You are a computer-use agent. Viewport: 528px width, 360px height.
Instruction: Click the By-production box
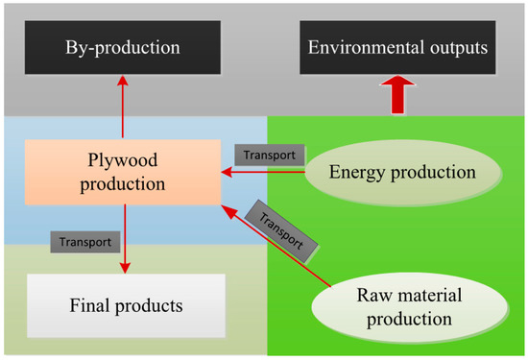coord(124,46)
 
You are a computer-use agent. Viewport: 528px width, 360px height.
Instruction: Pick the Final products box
coord(125,306)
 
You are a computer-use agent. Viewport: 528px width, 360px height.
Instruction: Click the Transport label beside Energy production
coord(270,154)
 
